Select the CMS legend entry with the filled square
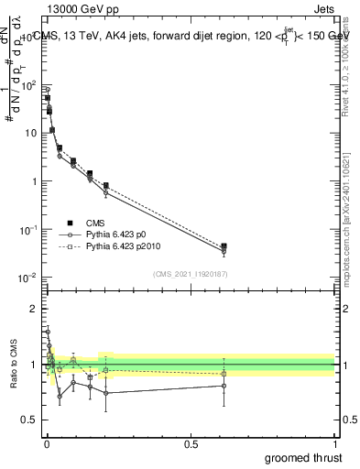(x=95, y=223)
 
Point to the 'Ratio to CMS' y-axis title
(x=12, y=365)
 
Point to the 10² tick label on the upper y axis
(x=30, y=85)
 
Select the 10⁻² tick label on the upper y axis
(x=29, y=278)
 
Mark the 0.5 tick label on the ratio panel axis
(x=30, y=421)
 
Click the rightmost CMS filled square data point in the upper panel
(x=224, y=245)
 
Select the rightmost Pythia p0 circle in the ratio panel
(x=224, y=386)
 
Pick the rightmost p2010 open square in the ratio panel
(x=224, y=374)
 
